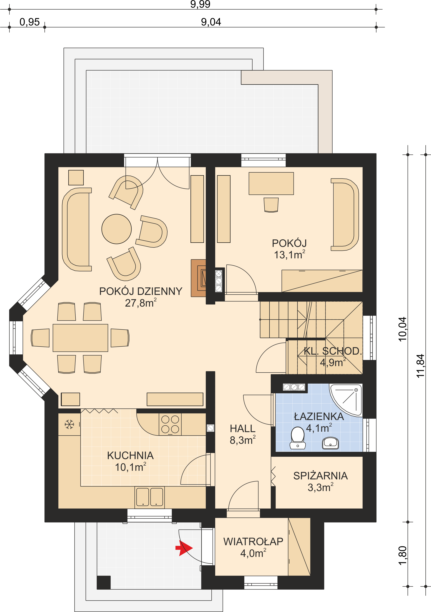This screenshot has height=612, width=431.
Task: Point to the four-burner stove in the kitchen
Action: [170, 424]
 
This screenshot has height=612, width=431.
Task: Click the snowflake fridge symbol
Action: [69, 424]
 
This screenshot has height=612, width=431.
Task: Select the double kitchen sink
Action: [149, 497]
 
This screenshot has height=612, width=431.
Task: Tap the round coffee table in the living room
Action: [117, 229]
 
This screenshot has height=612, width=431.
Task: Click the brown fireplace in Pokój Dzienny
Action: [198, 278]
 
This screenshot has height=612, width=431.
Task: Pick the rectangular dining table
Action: [80, 338]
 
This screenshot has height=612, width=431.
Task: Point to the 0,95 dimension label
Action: [30, 22]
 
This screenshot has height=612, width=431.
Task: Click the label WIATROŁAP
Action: [253, 542]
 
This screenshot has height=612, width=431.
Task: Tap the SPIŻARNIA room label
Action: [321, 476]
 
